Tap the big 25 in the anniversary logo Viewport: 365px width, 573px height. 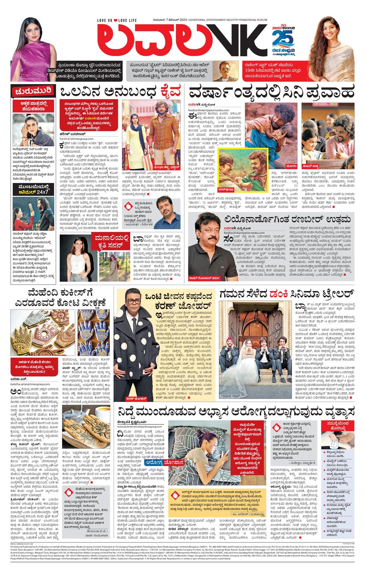pos(283,38)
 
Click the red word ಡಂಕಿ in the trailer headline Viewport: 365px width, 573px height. pos(280,294)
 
